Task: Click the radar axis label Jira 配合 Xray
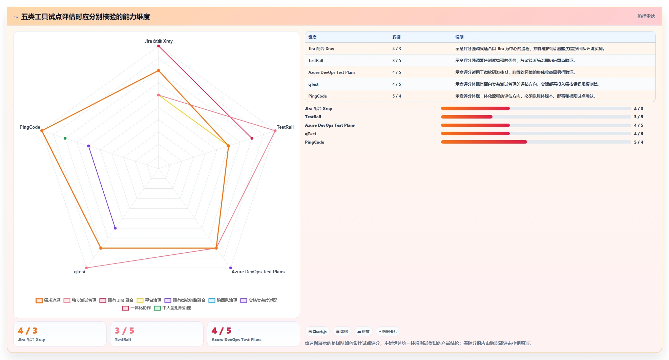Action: (158, 41)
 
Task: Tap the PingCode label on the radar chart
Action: (30, 127)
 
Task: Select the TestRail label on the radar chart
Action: (285, 127)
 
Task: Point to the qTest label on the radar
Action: (80, 272)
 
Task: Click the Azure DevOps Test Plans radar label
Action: (258, 272)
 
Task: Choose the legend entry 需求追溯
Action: (48, 300)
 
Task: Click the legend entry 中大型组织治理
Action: (172, 308)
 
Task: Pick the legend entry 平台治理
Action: (149, 300)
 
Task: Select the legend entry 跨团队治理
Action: (223, 300)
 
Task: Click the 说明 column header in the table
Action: (459, 37)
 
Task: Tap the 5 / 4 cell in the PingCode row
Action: (397, 96)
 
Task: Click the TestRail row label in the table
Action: (316, 61)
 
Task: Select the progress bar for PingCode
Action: (536, 142)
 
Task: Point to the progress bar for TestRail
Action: (536, 117)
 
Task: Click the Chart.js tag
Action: (317, 332)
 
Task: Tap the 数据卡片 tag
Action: (388, 332)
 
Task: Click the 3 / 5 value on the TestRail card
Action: (124, 331)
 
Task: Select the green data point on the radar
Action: (65, 138)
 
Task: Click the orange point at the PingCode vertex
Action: (42, 131)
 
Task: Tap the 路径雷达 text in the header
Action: (646, 16)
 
